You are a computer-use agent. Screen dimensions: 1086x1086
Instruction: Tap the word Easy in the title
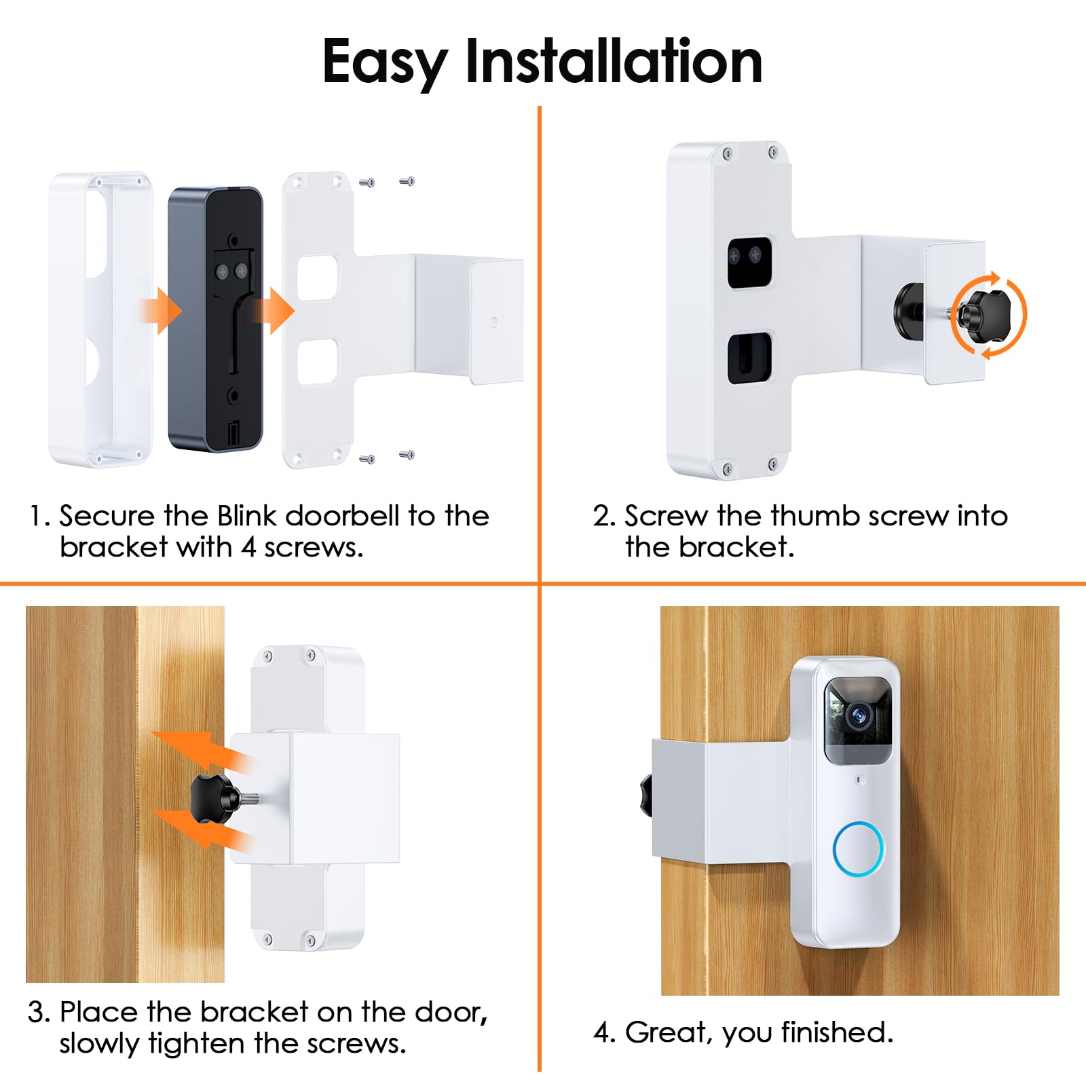pos(384,62)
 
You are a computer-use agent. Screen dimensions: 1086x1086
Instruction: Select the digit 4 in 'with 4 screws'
pos(248,547)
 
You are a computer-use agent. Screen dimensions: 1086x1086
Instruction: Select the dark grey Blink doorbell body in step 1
pos(214,319)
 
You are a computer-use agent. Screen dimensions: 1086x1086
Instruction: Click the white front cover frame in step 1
pos(100,319)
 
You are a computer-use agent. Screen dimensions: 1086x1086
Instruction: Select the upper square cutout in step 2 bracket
pos(749,261)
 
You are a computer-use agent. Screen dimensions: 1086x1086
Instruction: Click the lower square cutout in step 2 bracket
pos(749,357)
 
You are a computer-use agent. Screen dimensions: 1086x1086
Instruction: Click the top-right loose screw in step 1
pos(407,181)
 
